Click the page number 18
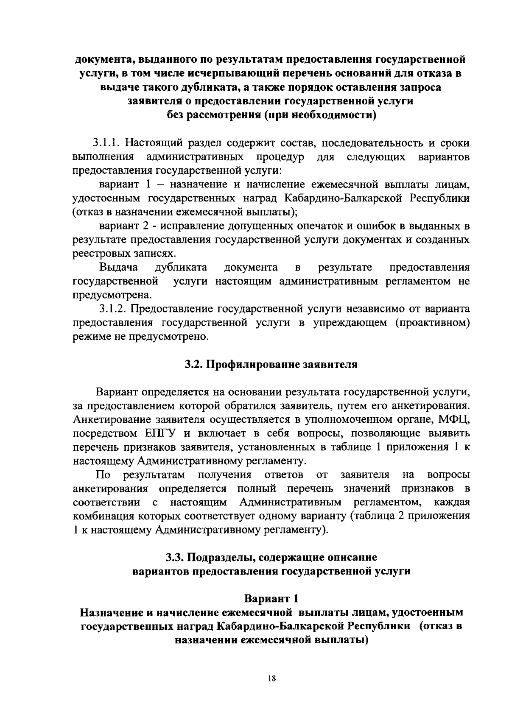coord(272,678)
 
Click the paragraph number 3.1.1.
coord(109,143)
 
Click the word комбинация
coord(103,516)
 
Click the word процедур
coord(280,157)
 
